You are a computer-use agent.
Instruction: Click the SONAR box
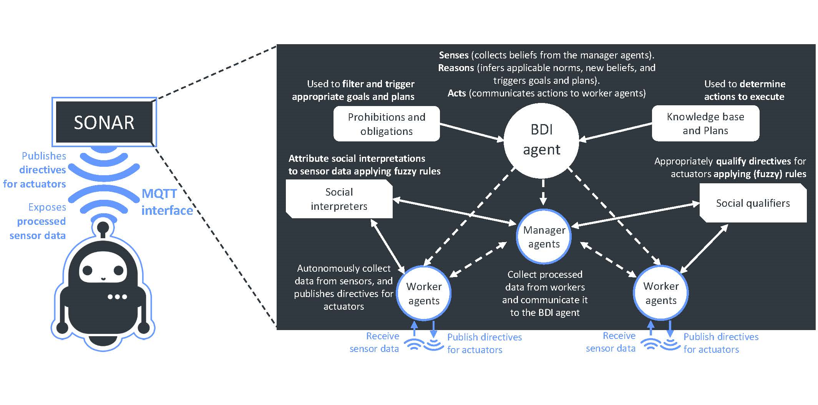104,123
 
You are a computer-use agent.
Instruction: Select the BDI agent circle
541,140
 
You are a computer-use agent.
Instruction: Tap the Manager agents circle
544,237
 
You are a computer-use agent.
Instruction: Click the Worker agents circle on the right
660,293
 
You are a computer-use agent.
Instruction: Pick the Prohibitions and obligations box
386,124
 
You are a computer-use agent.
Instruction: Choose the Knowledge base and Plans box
705,123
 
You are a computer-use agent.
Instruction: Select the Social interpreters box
339,199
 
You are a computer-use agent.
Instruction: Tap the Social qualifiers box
753,203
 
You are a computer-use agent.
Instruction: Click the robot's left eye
88,270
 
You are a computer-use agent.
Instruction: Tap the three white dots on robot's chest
117,297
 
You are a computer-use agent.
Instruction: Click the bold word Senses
453,55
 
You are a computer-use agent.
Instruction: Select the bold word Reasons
456,68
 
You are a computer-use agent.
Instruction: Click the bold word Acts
456,93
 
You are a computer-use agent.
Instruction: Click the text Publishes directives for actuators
38,170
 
